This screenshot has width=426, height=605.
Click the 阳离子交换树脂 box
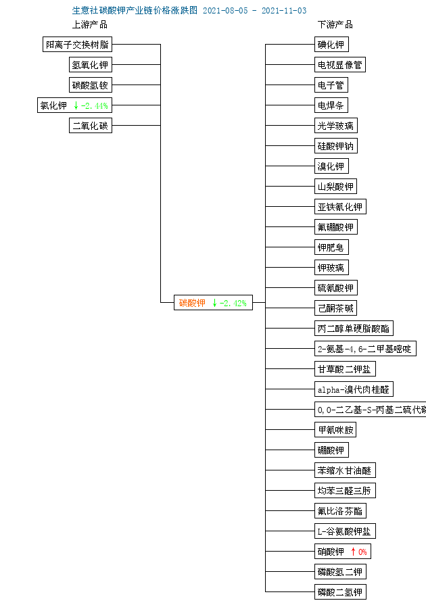point(76,45)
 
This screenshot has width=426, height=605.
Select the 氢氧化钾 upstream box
point(90,65)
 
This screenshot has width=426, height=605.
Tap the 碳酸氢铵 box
point(90,85)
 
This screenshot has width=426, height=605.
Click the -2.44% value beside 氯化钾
point(95,105)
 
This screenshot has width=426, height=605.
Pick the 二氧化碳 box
point(90,126)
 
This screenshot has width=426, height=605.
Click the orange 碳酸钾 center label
point(192,303)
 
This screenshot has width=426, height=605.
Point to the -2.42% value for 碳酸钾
point(234,303)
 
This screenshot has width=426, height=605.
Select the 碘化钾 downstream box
point(331,45)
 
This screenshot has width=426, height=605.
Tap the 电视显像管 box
point(339,65)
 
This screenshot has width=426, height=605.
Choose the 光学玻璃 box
point(335,126)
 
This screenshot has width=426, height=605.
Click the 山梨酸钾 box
point(335,187)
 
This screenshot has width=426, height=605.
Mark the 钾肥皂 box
point(331,247)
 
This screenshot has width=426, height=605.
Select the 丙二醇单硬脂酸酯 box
point(353,329)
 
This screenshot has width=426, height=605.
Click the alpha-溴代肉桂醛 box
point(353,389)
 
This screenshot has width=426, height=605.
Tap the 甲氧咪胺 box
point(335,430)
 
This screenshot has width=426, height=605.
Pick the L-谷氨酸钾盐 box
point(344,531)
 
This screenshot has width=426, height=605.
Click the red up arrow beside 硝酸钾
point(353,552)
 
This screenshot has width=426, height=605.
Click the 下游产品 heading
point(335,24)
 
